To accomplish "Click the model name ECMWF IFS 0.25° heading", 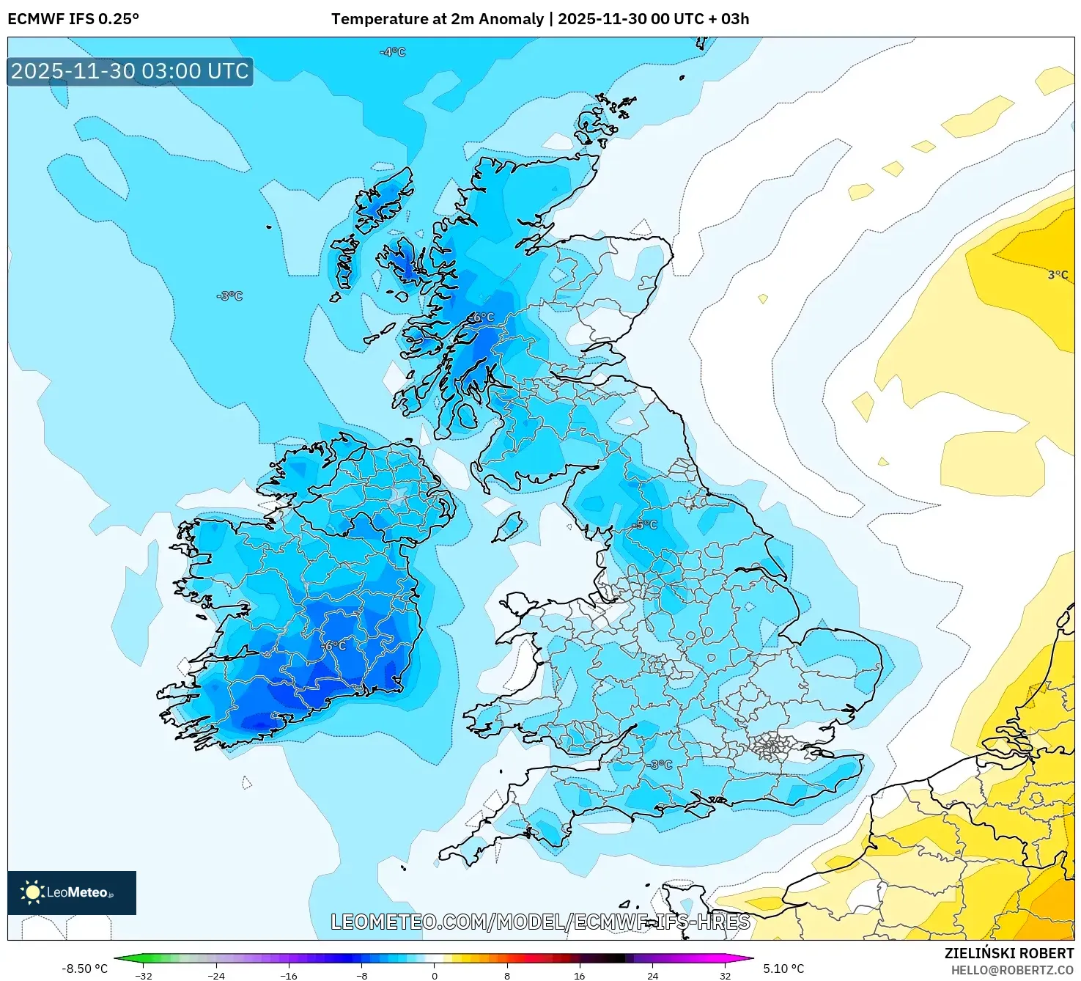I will point(73,19).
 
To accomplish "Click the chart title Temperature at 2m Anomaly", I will point(438,19).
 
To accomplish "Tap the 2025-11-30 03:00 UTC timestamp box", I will point(130,71).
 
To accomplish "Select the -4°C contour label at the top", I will point(392,52).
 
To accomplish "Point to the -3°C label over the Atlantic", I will point(229,295).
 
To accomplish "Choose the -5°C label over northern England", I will point(645,524).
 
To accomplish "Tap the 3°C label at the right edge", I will point(1058,275).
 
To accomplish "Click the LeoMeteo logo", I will point(72,892).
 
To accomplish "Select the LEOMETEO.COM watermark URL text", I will point(541,922).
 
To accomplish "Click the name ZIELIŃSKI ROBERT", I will point(1009,953).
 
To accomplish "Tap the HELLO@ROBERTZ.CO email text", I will point(1012,970).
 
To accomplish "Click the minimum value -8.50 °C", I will point(84,969).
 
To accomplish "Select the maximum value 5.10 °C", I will point(783,969).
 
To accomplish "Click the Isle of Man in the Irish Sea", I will point(509,526).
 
